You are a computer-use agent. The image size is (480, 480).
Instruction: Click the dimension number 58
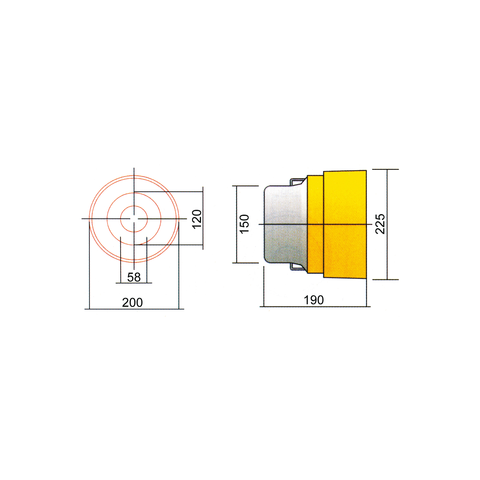tap(134, 277)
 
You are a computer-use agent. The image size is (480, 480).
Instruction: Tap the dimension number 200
tap(132, 303)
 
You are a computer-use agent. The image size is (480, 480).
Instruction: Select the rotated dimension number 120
tap(197, 219)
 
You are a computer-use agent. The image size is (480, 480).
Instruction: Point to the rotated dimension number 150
tap(244, 224)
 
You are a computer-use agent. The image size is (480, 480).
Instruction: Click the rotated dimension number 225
tap(380, 224)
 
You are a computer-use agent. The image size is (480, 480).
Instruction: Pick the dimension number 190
tap(314, 300)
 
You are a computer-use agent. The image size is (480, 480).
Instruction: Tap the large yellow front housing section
tap(345, 224)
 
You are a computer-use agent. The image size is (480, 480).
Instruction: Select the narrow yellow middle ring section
tap(315, 224)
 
